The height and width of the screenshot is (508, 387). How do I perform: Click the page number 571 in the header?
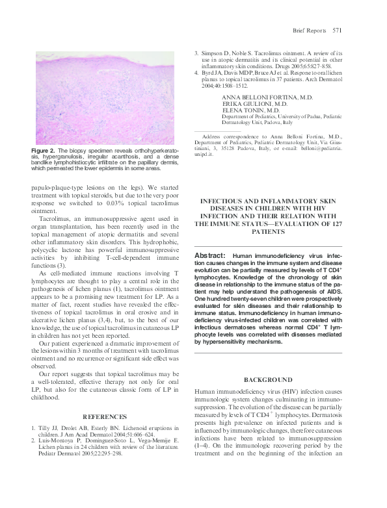[337, 30]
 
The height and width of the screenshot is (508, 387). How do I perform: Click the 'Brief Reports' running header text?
[308, 30]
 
